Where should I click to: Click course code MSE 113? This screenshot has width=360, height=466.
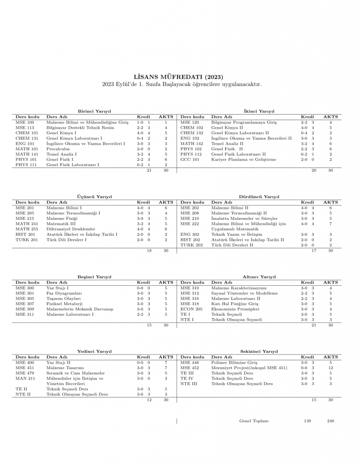[x=25, y=128]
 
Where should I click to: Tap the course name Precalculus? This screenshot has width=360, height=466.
[x=58, y=149]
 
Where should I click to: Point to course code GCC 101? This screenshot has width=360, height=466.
[x=190, y=159]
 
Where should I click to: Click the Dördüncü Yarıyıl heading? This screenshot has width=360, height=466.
[x=259, y=197]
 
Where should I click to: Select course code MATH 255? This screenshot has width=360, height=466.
[x=26, y=229]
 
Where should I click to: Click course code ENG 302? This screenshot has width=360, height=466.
[x=190, y=234]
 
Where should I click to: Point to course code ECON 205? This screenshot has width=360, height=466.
[x=191, y=309]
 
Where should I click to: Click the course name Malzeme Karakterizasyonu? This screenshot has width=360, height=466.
[x=239, y=289]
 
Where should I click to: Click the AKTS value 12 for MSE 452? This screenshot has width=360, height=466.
[x=330, y=368]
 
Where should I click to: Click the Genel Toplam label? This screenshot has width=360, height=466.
[x=254, y=421]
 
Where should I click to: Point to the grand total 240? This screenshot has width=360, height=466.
[x=330, y=421]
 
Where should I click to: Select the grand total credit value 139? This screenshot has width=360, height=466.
[x=308, y=421]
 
